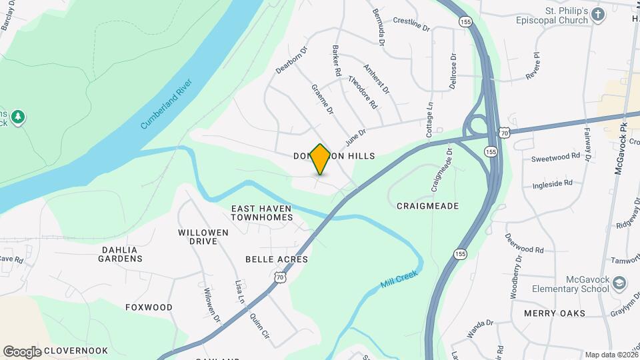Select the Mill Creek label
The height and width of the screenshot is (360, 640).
click(x=399, y=279)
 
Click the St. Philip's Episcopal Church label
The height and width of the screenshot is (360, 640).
click(x=555, y=16)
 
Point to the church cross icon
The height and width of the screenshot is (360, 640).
click(x=598, y=14)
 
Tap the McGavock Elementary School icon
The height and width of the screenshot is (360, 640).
click(x=619, y=283)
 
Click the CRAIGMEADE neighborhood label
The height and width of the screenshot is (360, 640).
click(x=427, y=206)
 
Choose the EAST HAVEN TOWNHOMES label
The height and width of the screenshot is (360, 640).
click(x=262, y=213)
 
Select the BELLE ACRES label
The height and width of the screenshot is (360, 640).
click(x=277, y=259)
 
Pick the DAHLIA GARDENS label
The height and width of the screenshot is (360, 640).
click(x=121, y=254)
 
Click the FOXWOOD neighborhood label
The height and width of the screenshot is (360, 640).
click(x=149, y=307)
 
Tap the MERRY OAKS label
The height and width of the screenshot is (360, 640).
click(x=554, y=313)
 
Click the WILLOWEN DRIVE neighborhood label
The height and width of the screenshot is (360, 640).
click(x=203, y=237)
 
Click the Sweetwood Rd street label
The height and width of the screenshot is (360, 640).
click(x=555, y=157)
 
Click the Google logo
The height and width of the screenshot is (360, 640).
click(x=22, y=351)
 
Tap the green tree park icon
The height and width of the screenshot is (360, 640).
click(x=19, y=118)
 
